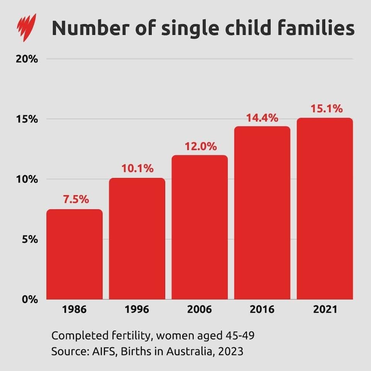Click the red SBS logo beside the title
point(26,27)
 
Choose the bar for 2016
point(262,213)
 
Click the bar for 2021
point(325,209)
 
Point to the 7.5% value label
point(76,200)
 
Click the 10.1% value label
point(138,168)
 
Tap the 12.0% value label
point(201,146)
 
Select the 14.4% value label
point(262,118)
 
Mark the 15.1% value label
point(327,109)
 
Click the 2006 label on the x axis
point(200,310)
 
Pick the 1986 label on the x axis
point(75,310)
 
